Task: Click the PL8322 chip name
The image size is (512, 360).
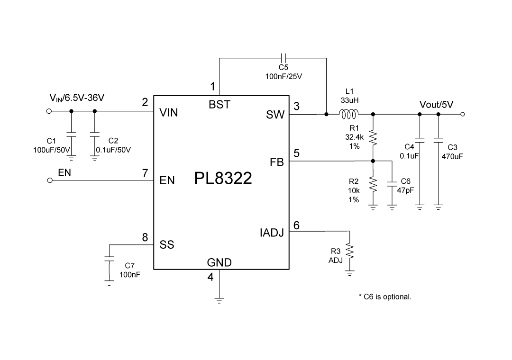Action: click(223, 180)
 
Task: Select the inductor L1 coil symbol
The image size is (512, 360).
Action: click(348, 114)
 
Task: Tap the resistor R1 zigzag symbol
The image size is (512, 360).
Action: click(373, 138)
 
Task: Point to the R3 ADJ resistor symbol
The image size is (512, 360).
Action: click(349, 251)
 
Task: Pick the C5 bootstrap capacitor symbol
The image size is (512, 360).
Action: click(283, 58)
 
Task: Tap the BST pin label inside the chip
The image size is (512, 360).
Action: click(219, 105)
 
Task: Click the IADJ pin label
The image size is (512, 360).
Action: click(271, 233)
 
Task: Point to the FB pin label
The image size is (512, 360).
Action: click(277, 162)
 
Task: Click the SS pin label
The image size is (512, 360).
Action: click(167, 245)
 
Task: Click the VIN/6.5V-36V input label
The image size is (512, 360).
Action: click(77, 98)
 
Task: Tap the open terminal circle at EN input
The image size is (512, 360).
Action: click(49, 180)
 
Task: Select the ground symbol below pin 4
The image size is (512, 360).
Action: click(219, 299)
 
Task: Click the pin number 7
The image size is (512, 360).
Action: click(145, 173)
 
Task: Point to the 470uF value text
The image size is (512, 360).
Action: click(452, 156)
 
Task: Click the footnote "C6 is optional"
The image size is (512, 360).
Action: click(385, 297)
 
